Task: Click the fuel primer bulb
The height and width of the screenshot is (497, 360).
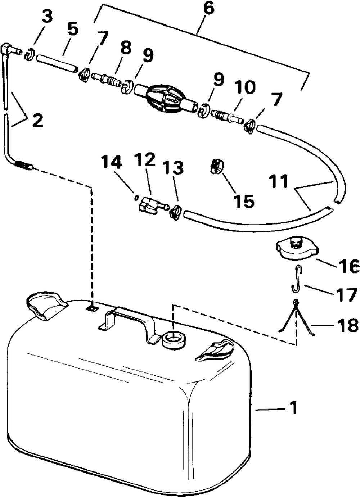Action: point(164,95)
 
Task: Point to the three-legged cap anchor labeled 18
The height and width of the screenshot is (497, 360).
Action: point(296,317)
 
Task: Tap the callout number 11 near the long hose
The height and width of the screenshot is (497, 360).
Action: point(280,182)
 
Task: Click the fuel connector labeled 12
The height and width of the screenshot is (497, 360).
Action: point(150,207)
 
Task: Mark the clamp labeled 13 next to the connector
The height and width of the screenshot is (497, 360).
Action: point(175,212)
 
